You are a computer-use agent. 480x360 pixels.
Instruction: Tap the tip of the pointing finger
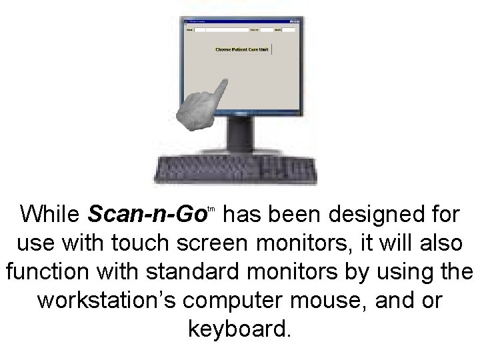tap(224, 81)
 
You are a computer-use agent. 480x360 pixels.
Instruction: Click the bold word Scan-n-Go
tap(145, 215)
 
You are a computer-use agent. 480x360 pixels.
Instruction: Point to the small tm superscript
tap(210, 209)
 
